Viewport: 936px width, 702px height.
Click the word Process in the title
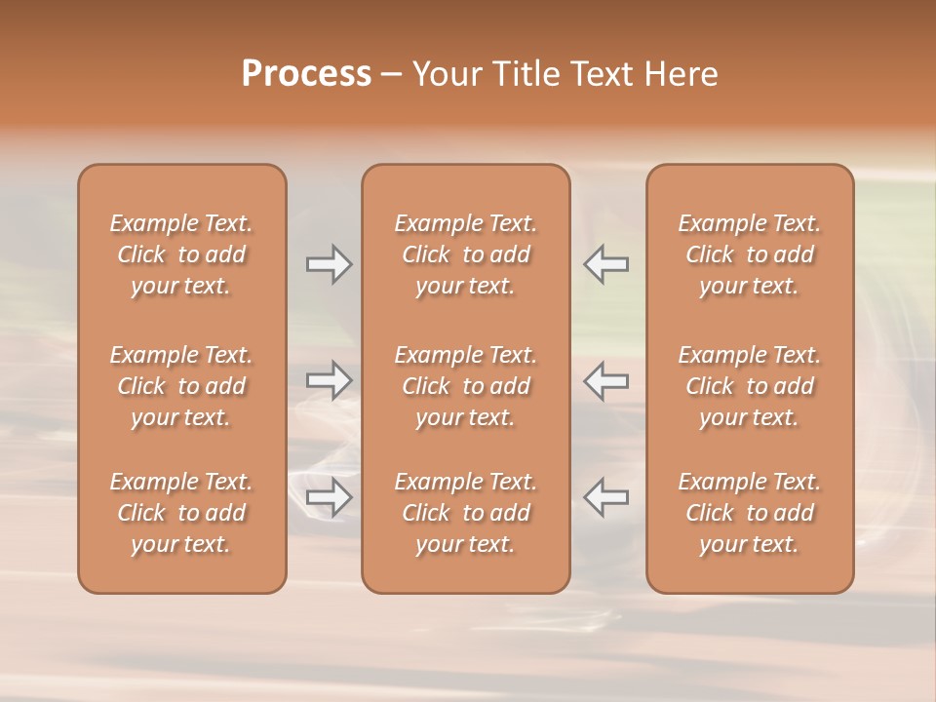(x=306, y=74)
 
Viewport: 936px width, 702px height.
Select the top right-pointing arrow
(x=329, y=264)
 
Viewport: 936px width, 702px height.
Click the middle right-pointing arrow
(x=329, y=380)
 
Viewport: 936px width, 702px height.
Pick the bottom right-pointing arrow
(x=329, y=497)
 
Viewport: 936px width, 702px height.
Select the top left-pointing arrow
(x=606, y=264)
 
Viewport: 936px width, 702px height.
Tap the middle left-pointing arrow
(x=606, y=380)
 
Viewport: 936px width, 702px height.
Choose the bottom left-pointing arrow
(x=606, y=497)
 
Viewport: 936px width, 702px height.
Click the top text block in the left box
(x=181, y=254)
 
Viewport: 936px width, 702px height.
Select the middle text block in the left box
(x=181, y=386)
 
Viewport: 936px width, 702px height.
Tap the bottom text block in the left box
(x=181, y=513)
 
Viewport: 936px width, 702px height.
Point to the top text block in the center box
(x=466, y=254)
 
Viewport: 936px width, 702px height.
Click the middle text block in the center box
(x=466, y=386)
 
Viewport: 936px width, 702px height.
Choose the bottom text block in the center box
(x=466, y=513)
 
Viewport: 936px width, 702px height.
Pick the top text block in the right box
(x=750, y=254)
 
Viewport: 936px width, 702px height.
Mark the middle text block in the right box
(x=750, y=386)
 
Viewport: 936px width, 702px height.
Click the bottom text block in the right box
(x=750, y=513)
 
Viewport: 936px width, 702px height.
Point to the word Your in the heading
(x=446, y=74)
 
